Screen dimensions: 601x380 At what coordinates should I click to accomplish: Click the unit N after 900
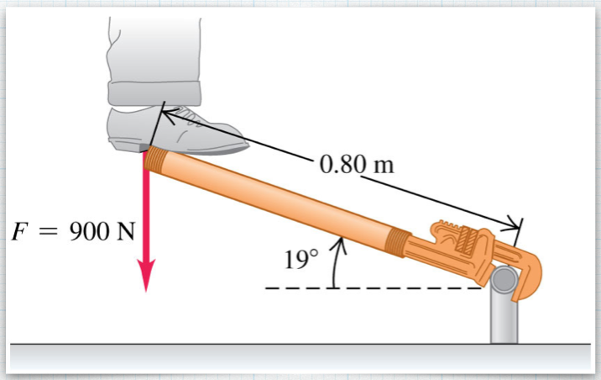(125, 231)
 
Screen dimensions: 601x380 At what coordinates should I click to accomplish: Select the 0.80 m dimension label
(357, 164)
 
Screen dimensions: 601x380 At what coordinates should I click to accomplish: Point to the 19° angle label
(301, 259)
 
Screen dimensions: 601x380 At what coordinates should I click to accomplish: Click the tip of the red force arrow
(146, 292)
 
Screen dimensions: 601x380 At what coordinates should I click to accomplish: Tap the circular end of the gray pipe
(504, 279)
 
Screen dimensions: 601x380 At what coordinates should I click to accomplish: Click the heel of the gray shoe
(128, 145)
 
